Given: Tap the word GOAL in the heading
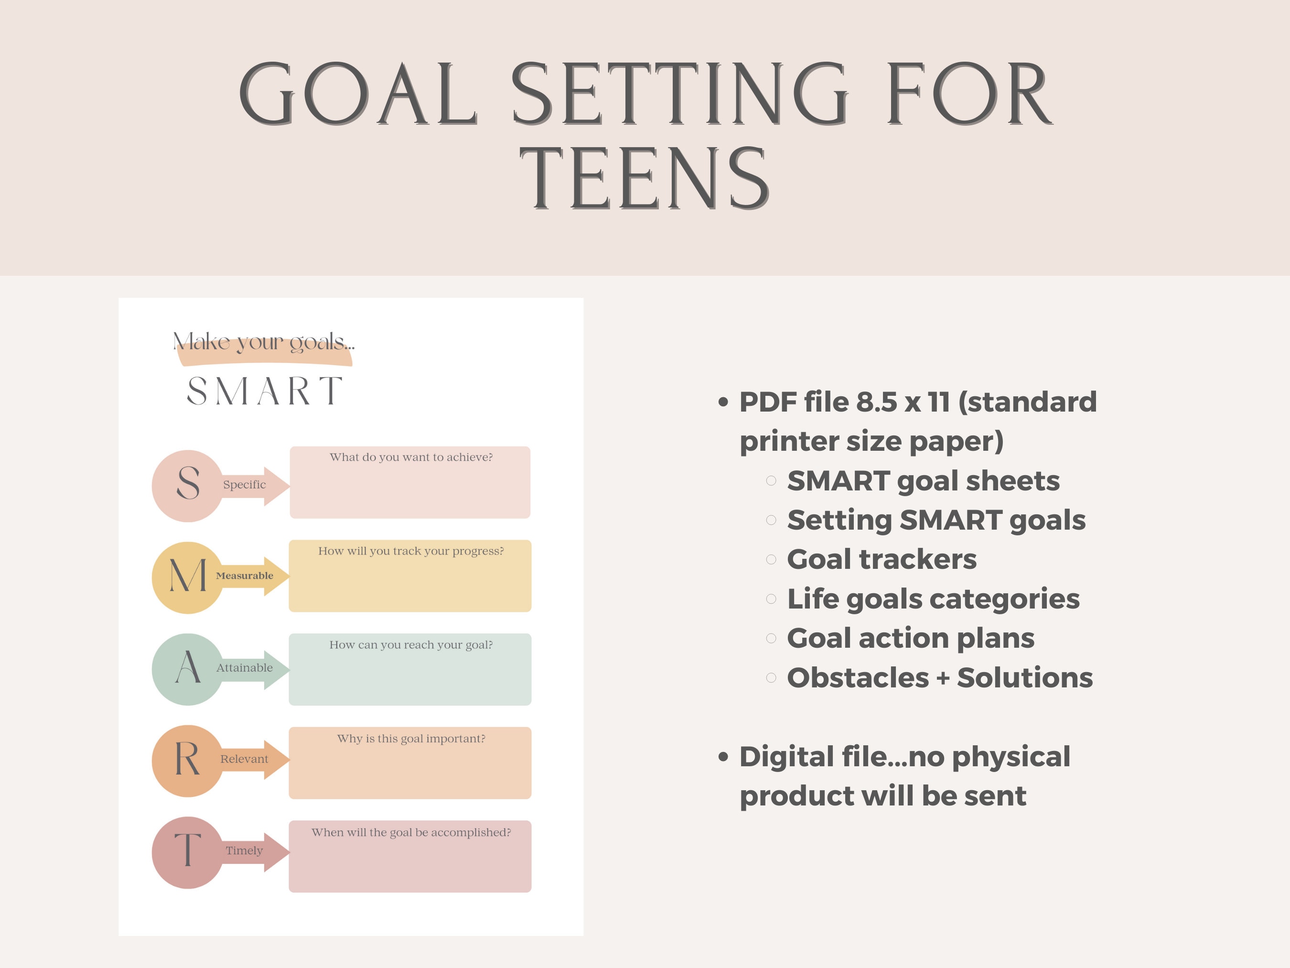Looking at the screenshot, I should point(358,95).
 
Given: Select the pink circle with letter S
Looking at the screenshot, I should point(187,486).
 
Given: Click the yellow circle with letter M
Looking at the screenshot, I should point(187,577).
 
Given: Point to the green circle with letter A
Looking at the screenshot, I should point(187,669).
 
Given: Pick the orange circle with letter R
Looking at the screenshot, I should point(187,760).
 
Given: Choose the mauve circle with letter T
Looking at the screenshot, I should point(187,852).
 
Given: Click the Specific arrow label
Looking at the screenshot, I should point(244,485).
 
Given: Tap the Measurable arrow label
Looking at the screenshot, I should point(244,576).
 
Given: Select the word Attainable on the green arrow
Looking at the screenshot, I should point(244,667).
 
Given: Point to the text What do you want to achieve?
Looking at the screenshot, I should point(411,457).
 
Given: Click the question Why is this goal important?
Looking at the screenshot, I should point(411,739).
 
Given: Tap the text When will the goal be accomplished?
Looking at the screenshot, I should point(411,833).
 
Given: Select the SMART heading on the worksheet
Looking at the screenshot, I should point(264,391).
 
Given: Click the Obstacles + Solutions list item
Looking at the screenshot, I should point(939,678).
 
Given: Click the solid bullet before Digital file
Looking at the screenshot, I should point(724,757).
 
